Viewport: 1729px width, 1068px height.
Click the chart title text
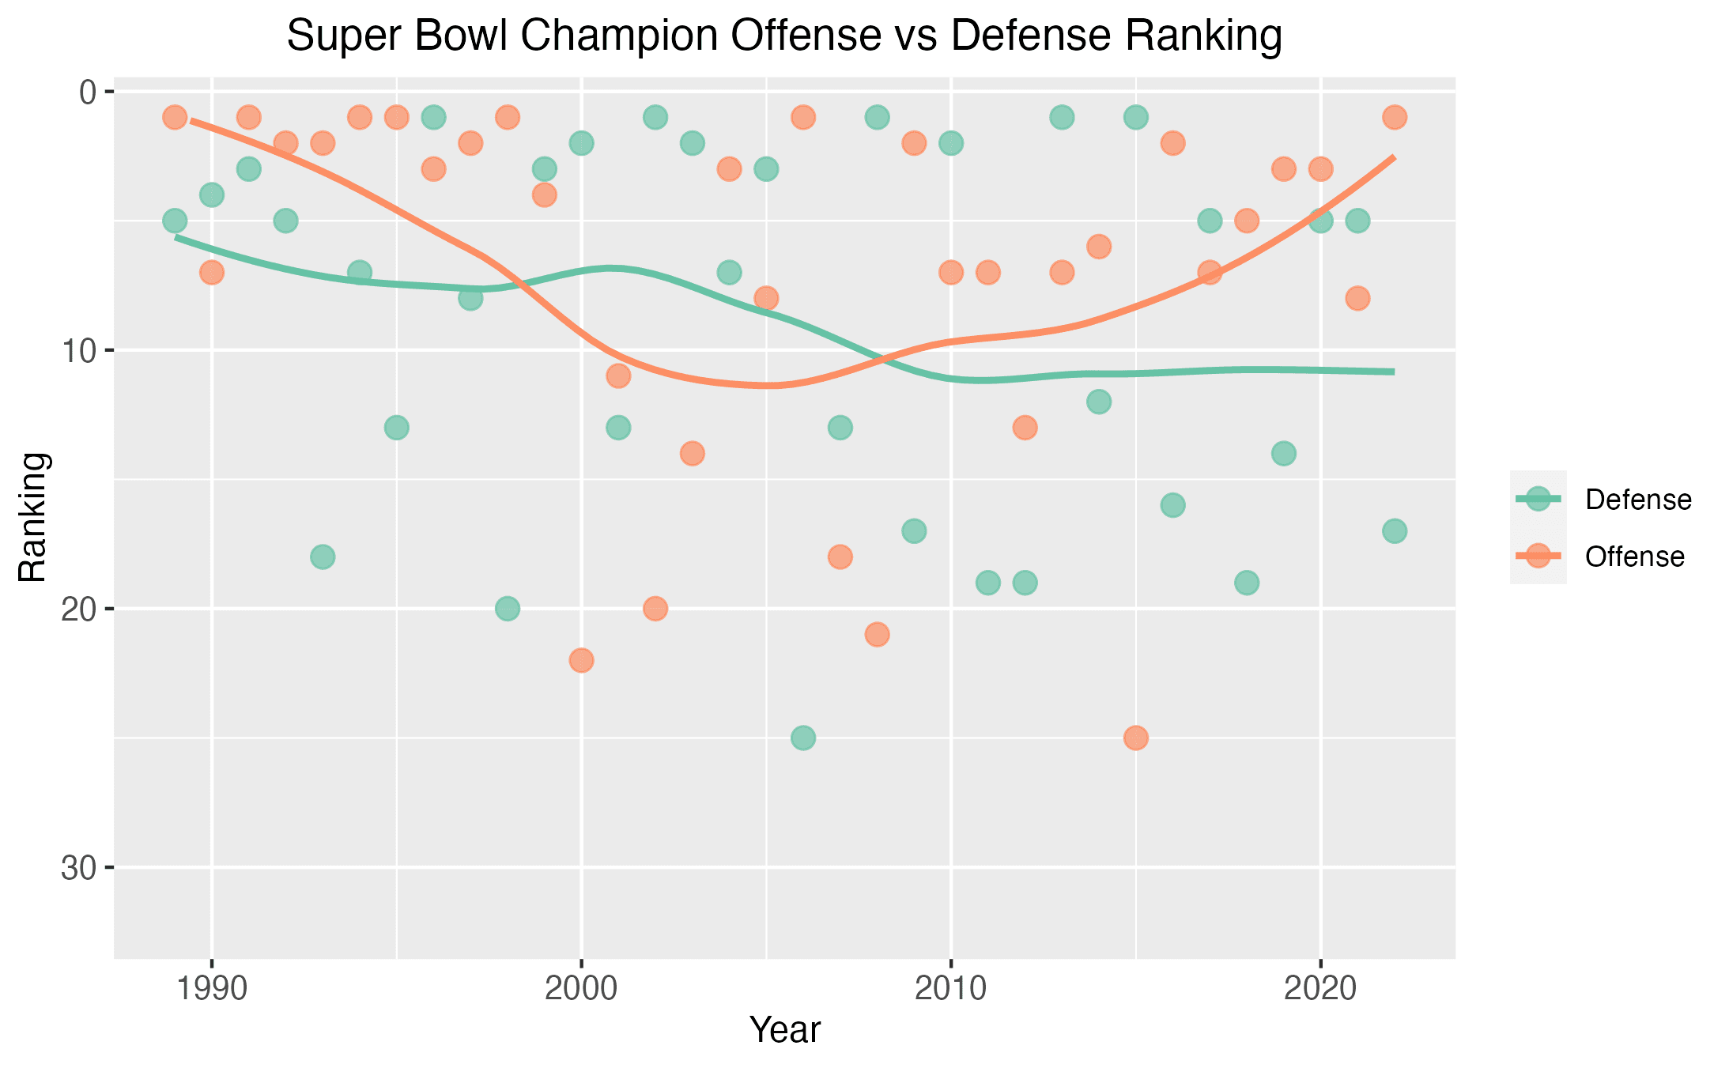click(783, 36)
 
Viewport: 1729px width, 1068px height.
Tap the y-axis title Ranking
click(34, 517)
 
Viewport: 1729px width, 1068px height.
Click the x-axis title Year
click(785, 1030)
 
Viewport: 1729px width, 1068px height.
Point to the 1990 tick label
click(211, 989)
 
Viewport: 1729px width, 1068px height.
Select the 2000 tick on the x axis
click(581, 989)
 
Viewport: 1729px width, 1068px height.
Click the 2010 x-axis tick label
click(951, 989)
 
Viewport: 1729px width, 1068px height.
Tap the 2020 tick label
click(1320, 989)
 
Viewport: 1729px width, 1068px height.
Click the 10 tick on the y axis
click(80, 350)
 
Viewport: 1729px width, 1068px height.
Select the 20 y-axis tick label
click(80, 609)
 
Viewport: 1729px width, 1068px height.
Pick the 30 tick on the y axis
click(80, 868)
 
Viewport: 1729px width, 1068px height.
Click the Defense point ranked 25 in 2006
click(803, 738)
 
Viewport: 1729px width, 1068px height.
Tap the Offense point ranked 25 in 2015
click(1136, 738)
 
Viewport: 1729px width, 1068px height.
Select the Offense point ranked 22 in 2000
click(581, 660)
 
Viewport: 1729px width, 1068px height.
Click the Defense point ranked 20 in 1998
click(508, 609)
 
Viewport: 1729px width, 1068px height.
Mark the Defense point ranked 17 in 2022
click(1395, 531)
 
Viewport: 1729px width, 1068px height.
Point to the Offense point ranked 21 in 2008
click(877, 635)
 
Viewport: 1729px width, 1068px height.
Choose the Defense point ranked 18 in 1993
click(323, 557)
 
